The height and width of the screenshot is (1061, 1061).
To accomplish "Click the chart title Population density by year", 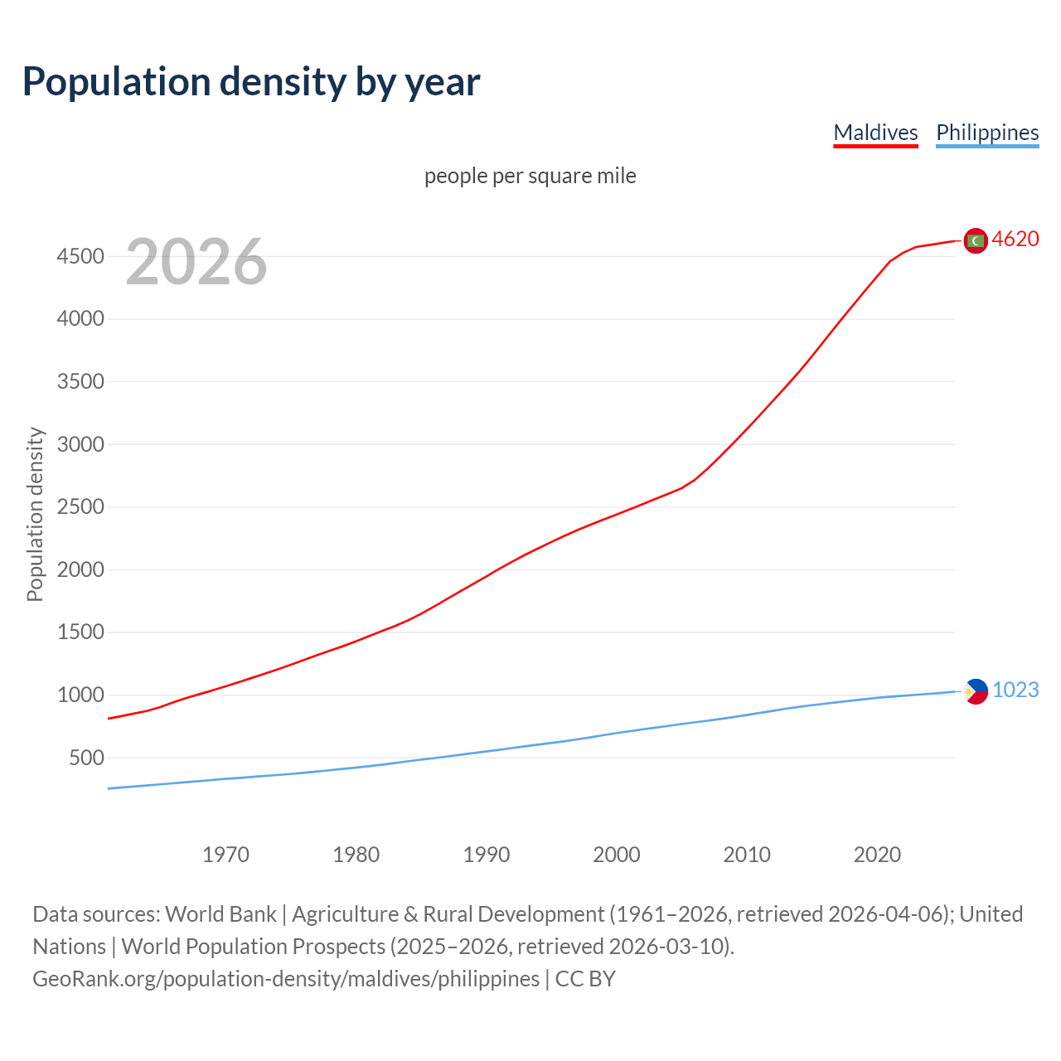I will (x=251, y=82).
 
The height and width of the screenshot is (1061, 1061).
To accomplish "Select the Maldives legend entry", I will (x=875, y=133).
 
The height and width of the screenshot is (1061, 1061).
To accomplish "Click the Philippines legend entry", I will (x=986, y=133).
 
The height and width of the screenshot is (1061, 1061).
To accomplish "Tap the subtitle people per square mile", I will (x=530, y=176).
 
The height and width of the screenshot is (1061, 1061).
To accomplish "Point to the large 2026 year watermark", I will (x=196, y=262).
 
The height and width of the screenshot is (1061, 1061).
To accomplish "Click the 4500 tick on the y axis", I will (x=80, y=256).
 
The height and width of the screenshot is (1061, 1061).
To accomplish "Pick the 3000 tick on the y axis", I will (x=80, y=444).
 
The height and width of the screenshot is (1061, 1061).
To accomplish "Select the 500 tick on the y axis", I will (x=86, y=758).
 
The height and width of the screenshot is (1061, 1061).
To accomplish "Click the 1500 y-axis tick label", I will (x=80, y=632).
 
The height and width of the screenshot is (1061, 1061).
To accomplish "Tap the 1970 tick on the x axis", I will (x=225, y=855).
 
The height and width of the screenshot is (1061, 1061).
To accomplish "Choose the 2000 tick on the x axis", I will (x=617, y=855).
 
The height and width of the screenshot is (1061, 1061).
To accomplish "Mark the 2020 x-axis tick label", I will (x=877, y=855).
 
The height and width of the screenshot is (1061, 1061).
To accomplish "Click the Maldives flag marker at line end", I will (x=976, y=240).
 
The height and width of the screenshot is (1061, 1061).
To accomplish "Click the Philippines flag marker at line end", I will (x=976, y=691).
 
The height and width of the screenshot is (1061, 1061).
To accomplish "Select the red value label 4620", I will (x=1015, y=240).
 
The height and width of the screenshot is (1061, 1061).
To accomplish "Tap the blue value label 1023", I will (x=1015, y=690).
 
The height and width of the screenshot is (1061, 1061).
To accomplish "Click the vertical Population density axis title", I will (x=35, y=514).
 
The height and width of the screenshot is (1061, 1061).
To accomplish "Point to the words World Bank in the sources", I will (x=220, y=914).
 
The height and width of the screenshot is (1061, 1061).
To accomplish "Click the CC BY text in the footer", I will (x=585, y=979).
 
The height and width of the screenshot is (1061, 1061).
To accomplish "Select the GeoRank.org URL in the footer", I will (x=286, y=979).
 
